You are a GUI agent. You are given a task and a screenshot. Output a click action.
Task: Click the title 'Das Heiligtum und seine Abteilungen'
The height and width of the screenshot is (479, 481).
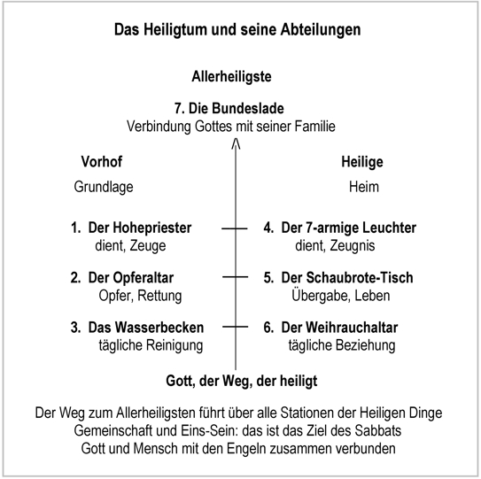pyautogui.click(x=237, y=30)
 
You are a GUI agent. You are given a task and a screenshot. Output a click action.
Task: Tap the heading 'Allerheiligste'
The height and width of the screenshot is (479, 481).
pyautogui.click(x=231, y=77)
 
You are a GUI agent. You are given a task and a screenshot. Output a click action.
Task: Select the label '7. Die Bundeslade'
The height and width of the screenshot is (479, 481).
pyautogui.click(x=229, y=109)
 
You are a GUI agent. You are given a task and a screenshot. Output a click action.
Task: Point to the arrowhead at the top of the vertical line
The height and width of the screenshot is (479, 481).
pyautogui.click(x=236, y=143)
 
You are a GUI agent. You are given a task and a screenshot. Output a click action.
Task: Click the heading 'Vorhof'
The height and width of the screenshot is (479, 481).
pyautogui.click(x=102, y=162)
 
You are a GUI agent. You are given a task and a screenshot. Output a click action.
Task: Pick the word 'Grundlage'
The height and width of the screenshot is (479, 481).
pyautogui.click(x=104, y=187)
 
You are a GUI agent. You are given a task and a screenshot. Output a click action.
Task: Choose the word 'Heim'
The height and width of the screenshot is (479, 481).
pyautogui.click(x=364, y=187)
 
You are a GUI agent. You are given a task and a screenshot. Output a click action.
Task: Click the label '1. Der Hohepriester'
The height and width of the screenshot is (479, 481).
pyautogui.click(x=131, y=228)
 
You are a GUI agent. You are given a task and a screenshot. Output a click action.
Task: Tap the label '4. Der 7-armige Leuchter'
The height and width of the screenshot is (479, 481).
pyautogui.click(x=340, y=228)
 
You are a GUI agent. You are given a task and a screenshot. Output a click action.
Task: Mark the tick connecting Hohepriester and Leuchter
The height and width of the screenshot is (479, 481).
pyautogui.click(x=235, y=228)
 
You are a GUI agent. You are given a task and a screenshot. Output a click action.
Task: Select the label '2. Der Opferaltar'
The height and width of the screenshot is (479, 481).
pyautogui.click(x=122, y=278)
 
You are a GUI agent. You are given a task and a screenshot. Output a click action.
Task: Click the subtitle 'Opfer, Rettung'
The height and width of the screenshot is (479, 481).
pyautogui.click(x=140, y=296)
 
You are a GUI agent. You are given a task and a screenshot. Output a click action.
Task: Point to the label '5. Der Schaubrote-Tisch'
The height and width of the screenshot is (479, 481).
pyautogui.click(x=338, y=277)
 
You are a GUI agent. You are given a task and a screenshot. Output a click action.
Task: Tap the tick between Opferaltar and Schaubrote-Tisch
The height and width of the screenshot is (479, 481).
pyautogui.click(x=236, y=277)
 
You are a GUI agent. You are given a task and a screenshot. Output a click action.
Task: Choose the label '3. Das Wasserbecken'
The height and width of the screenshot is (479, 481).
pyautogui.click(x=137, y=328)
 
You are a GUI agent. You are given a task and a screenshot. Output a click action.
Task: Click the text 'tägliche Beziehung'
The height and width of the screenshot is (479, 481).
pyautogui.click(x=342, y=345)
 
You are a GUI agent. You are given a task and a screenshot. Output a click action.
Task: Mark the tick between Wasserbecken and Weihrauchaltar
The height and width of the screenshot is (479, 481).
pyautogui.click(x=236, y=327)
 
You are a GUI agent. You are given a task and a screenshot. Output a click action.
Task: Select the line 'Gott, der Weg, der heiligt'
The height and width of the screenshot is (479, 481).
pyautogui.click(x=242, y=382)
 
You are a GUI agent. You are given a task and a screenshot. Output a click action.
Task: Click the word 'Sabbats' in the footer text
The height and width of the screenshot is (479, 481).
pyautogui.click(x=378, y=431)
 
